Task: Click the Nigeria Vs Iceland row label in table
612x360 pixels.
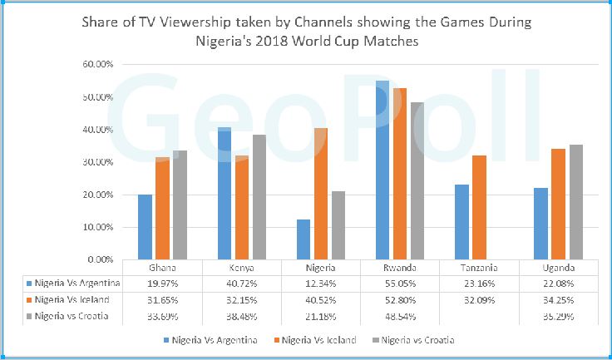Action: [72, 300]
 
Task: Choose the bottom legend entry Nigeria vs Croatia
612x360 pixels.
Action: [413, 340]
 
